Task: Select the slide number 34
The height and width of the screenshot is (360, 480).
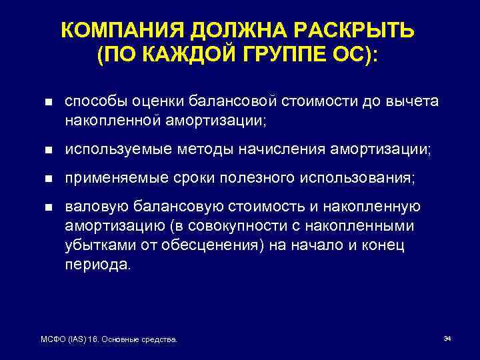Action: point(447,339)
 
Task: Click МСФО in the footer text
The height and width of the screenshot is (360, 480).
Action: point(52,340)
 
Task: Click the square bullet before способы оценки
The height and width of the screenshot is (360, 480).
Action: point(47,102)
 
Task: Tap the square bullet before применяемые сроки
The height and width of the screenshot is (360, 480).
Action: point(47,179)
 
